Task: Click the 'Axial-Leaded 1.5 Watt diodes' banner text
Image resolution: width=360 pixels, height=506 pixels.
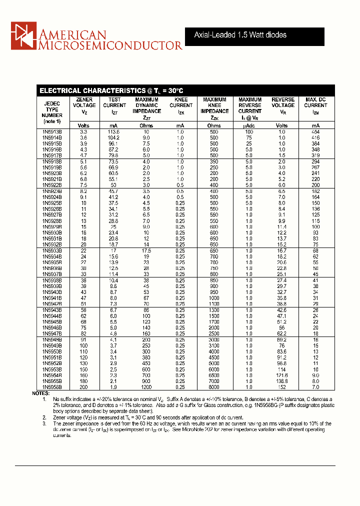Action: (240, 35)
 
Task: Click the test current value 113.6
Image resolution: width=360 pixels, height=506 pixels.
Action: (114, 131)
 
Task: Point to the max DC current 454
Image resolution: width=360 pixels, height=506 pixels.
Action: (315, 131)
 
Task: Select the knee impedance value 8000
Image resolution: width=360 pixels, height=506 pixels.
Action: (214, 387)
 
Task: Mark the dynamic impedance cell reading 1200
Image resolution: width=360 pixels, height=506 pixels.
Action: (146, 387)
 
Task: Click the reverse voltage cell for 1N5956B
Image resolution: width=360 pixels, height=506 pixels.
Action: (282, 387)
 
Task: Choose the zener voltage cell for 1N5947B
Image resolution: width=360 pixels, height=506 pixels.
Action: (84, 333)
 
